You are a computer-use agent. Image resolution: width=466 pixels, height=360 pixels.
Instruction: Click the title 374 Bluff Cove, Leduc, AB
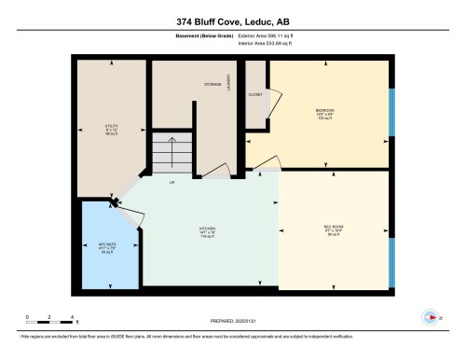click(232, 21)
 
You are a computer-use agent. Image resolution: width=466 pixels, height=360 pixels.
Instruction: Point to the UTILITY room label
click(111, 128)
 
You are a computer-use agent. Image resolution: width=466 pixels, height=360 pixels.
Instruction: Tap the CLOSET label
click(255, 94)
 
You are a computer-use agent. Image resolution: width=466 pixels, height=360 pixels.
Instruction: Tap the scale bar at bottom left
click(50, 318)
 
